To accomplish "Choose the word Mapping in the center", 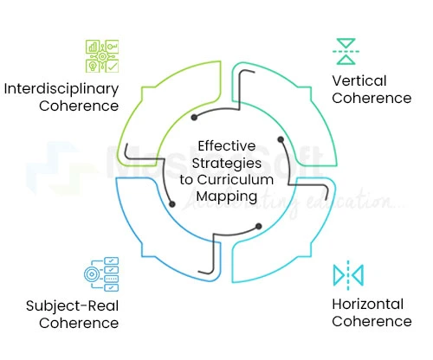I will click(228, 196).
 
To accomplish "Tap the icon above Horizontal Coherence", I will click(348, 275).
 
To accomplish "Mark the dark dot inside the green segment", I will click(280, 139).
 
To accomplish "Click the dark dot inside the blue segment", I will click(172, 204).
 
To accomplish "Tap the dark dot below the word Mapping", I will click(257, 227).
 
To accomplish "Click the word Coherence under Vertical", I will click(372, 99).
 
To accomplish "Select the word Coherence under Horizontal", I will click(372, 322).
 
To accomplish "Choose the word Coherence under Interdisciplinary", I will click(78, 106).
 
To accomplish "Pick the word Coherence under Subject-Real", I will click(78, 323).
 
